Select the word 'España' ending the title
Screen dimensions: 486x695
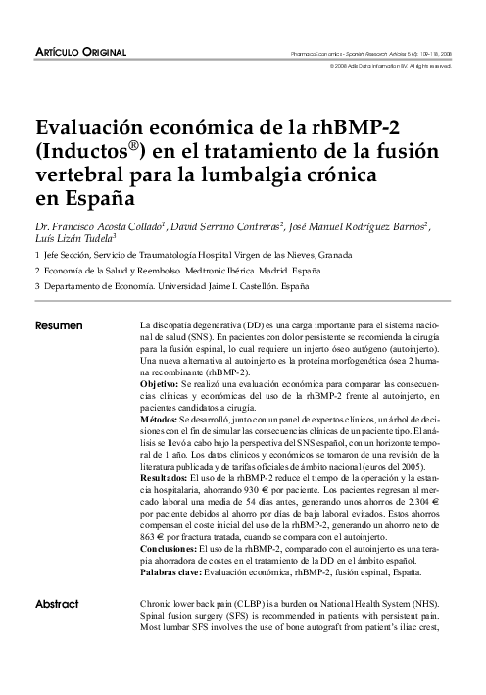tap(90, 198)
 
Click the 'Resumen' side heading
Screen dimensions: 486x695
tap(59, 323)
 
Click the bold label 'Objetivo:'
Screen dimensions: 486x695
tap(165, 388)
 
